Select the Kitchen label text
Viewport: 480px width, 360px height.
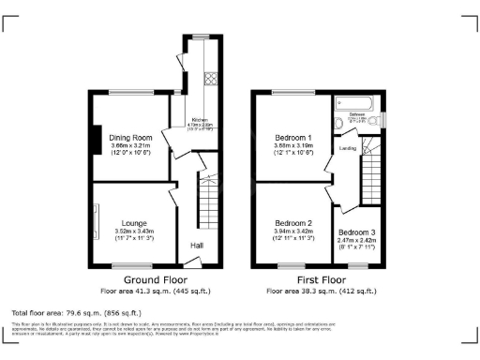(200, 121)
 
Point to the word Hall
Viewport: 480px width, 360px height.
(198, 246)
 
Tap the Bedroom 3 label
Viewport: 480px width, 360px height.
(356, 232)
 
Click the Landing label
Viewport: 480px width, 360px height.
(347, 148)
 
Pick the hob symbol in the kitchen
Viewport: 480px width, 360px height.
(211, 78)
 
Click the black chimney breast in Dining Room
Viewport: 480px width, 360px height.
(96, 140)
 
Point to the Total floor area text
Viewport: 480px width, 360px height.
(76, 312)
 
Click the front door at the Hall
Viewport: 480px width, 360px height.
(192, 268)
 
